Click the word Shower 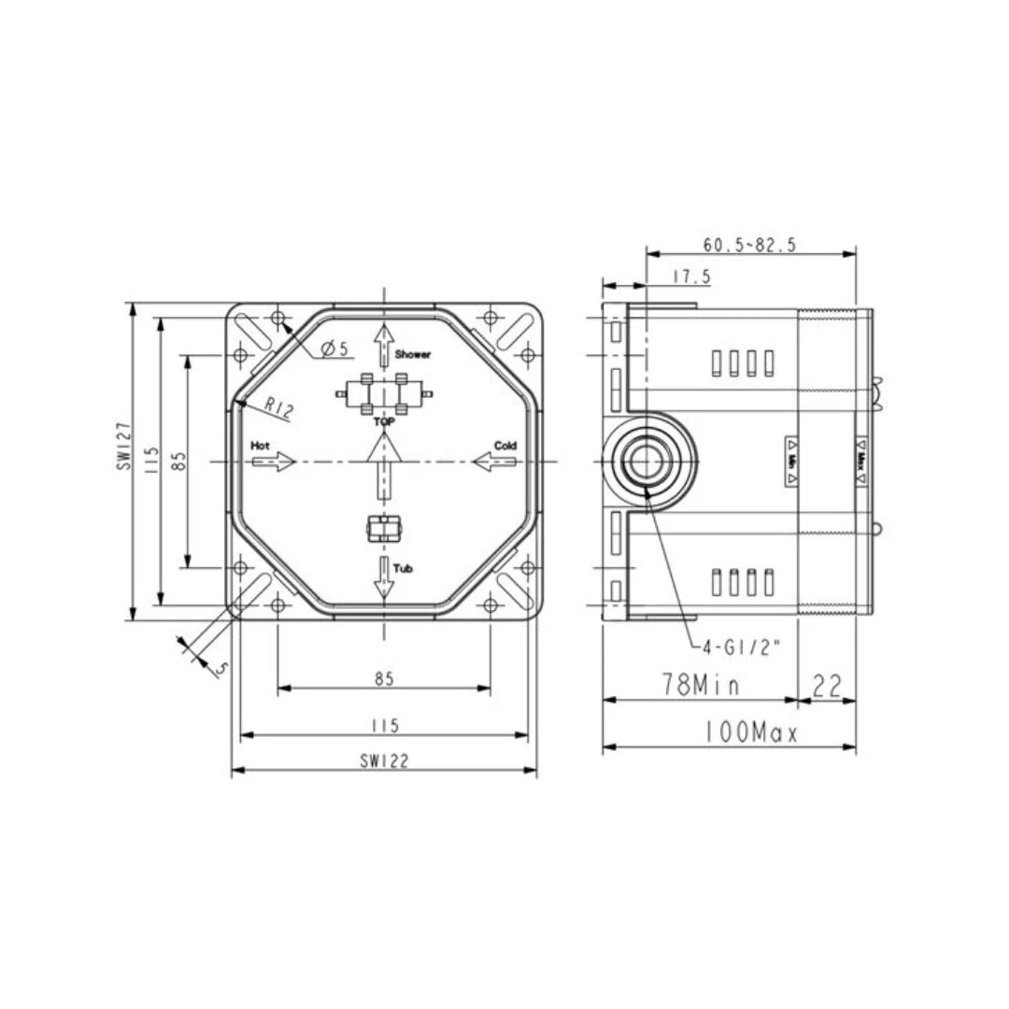coord(413,355)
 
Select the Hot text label coord(260,447)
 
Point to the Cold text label coord(505,447)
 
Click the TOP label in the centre coord(383,422)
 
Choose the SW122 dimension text coord(383,760)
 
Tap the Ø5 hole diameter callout coord(334,348)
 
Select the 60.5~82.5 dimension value coord(749,245)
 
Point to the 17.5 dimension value coord(691,277)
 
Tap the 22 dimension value coord(828,687)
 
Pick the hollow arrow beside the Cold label coord(494,462)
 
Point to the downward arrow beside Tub coord(383,579)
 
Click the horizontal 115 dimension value coord(383,725)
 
